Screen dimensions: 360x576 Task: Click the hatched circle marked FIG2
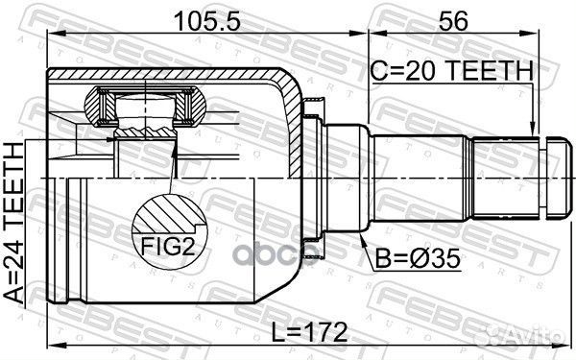[168, 229]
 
